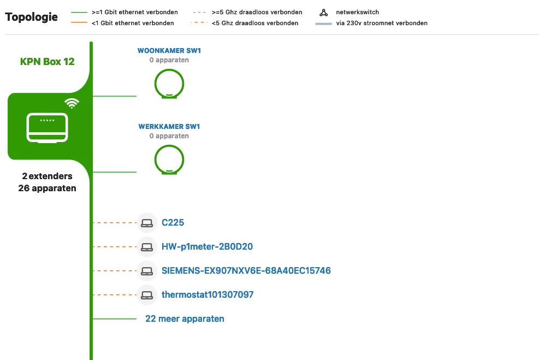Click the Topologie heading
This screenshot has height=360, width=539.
[x=31, y=17]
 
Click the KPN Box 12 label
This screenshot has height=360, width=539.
[x=47, y=62]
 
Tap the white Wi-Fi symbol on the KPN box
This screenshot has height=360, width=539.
[x=72, y=103]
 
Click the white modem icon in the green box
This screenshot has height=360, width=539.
[x=47, y=128]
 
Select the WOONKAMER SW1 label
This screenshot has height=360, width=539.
[x=169, y=51]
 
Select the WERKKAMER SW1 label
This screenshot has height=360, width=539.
[x=169, y=127]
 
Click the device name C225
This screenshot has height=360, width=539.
[x=173, y=222]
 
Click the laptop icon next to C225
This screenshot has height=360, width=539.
[x=147, y=223]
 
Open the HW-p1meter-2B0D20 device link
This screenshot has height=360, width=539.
[x=208, y=246]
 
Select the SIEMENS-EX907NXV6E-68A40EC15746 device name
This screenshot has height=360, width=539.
[x=246, y=270]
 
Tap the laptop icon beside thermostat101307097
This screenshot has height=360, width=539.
[x=147, y=295]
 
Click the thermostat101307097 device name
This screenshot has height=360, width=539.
[x=208, y=294]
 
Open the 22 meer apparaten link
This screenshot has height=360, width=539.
[x=185, y=318]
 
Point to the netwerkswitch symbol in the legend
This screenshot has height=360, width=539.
[x=323, y=13]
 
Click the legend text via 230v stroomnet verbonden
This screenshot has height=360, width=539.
[x=382, y=23]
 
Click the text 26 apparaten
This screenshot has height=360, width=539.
[x=47, y=188]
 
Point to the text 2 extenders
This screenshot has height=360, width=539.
[x=47, y=176]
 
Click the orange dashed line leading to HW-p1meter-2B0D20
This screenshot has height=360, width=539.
[x=115, y=246]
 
